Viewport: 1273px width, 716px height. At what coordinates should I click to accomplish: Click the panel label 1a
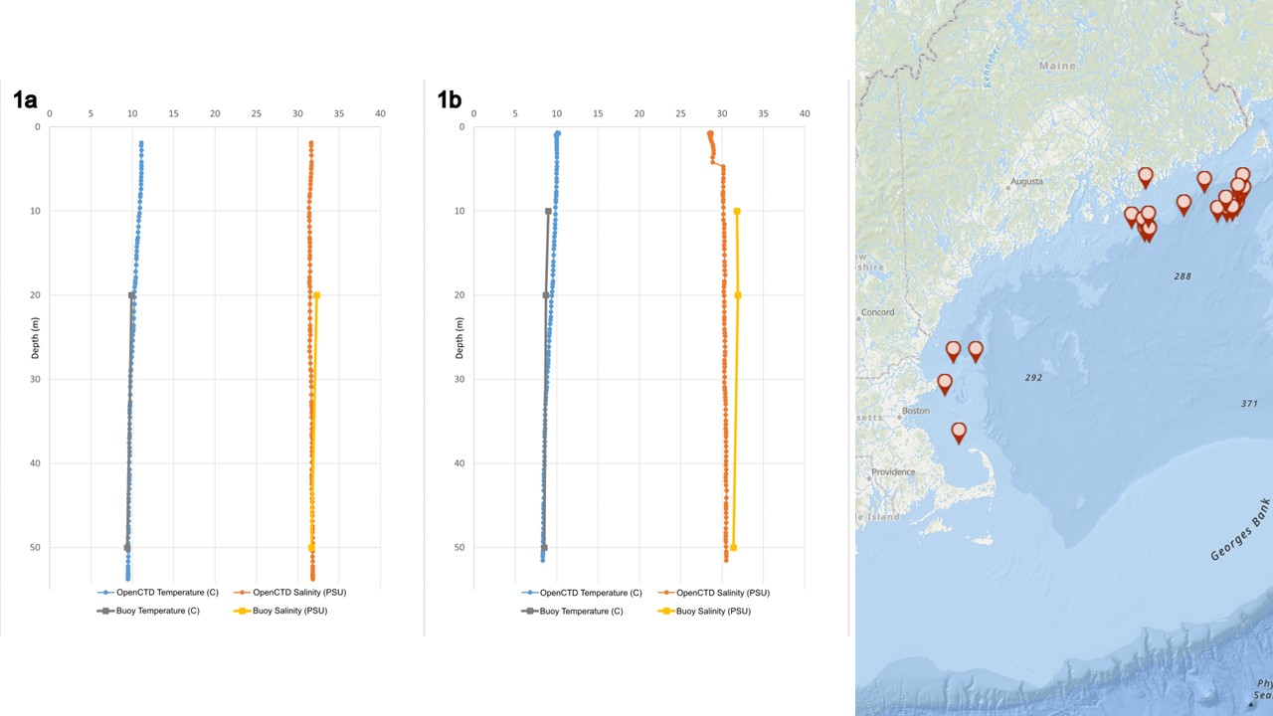(25, 99)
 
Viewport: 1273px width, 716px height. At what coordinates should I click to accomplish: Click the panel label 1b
(450, 99)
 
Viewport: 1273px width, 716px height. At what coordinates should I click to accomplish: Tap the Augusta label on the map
(1026, 182)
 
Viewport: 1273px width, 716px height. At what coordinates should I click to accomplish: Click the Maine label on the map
(1057, 66)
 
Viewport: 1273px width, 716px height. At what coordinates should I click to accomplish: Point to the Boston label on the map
(915, 411)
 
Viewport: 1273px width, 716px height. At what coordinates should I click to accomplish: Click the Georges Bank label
(1240, 530)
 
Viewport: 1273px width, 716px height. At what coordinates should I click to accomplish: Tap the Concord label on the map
(877, 312)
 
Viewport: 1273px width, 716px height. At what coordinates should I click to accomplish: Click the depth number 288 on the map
(1182, 276)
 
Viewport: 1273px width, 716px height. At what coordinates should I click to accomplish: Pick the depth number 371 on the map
(1249, 404)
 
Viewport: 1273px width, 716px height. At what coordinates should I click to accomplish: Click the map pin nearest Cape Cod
(959, 432)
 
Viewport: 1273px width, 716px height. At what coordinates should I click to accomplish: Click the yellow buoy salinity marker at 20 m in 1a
(316, 295)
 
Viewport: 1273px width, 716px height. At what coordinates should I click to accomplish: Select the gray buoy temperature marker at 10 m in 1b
(548, 211)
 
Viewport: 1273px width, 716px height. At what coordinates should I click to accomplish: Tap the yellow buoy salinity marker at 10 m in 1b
(737, 211)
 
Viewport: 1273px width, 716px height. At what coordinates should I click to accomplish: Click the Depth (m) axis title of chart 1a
(37, 338)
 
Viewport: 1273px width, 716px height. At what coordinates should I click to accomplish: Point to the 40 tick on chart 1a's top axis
(380, 114)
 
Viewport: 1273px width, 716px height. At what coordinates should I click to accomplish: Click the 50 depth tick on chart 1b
(460, 547)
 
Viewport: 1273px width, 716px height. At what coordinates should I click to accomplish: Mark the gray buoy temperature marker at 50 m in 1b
(544, 548)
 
